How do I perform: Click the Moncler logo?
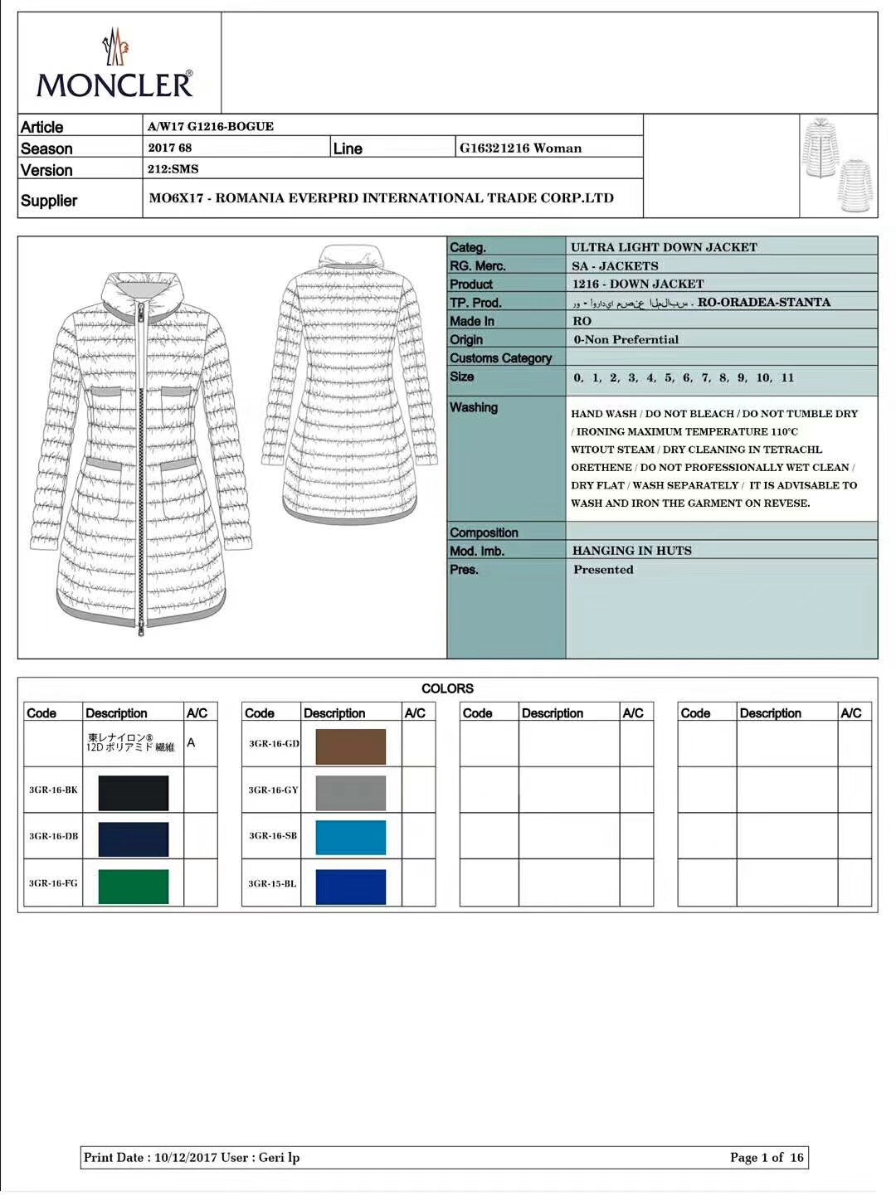[x=114, y=66]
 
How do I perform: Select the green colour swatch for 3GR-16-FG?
[x=133, y=886]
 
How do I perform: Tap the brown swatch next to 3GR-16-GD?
[x=350, y=746]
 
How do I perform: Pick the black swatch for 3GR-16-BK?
[x=133, y=793]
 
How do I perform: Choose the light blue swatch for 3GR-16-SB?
[x=350, y=838]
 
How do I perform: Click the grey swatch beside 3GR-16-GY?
[x=350, y=793]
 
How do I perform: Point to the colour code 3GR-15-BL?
[x=272, y=884]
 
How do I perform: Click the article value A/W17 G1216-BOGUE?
[x=211, y=126]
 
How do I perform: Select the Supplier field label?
[x=49, y=201]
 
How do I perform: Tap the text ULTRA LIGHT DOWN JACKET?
[x=664, y=247]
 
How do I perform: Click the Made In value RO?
[x=582, y=321]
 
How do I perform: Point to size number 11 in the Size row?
[x=787, y=377]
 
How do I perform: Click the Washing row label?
[x=474, y=407]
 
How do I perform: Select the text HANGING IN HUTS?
[x=631, y=551]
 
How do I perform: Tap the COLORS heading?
[x=447, y=688]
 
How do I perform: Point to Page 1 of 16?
[x=767, y=1158]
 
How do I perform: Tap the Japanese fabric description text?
[x=130, y=742]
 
